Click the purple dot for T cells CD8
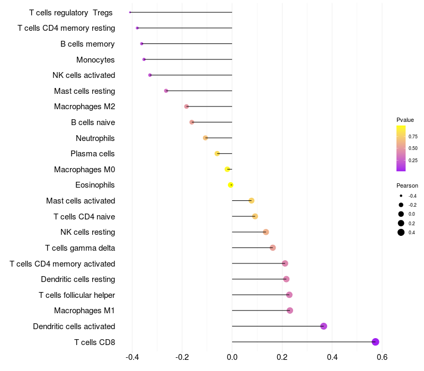tap(375, 342)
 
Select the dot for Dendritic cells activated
tap(323, 326)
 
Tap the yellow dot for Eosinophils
tap(231, 185)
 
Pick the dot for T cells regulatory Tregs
tap(130, 12)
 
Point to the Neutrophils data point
tap(205, 138)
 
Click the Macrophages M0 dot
tap(227, 169)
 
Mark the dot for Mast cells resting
tap(166, 91)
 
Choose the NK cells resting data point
tap(266, 232)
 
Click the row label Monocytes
tap(95, 60)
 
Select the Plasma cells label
tap(92, 154)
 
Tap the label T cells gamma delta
tap(80, 248)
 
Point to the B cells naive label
tap(93, 122)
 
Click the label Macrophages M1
tap(84, 311)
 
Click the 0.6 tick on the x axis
tap(382, 357)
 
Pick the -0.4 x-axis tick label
tap(132, 357)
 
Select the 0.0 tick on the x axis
tap(232, 357)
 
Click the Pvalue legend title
tap(405, 120)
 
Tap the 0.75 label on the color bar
tap(413, 137)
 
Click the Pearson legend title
tap(407, 185)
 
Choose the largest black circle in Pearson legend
tap(401, 232)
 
